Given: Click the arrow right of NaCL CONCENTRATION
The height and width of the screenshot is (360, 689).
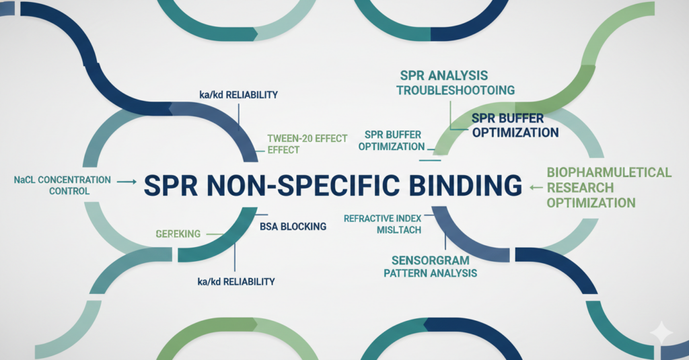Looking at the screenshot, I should click(x=126, y=181).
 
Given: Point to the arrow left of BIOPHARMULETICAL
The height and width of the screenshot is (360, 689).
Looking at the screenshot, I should click(x=536, y=187).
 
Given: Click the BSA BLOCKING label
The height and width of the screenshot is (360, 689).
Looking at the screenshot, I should click(x=293, y=227).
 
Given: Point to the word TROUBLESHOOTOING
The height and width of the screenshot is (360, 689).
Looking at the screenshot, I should click(x=456, y=89).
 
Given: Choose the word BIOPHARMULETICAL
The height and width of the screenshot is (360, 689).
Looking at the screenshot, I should click(x=608, y=172).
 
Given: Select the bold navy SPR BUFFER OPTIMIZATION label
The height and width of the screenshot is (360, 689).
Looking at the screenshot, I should click(x=515, y=126).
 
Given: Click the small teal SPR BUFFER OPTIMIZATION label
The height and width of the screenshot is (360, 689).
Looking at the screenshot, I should click(x=391, y=140).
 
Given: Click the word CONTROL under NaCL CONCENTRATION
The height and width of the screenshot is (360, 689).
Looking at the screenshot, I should click(x=69, y=192).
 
